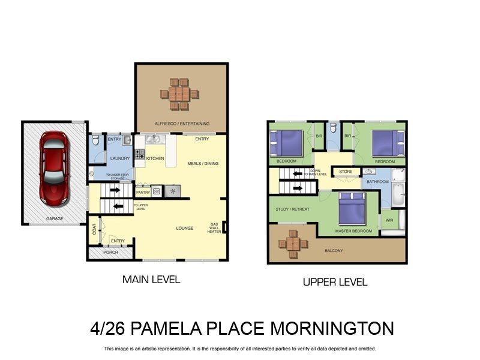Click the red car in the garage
click(53, 169)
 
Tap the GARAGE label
click(55, 219)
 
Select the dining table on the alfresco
click(179, 94)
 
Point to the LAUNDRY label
click(120, 158)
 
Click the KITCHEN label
click(155, 158)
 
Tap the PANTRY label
click(143, 193)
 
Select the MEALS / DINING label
click(202, 163)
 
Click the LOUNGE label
click(184, 228)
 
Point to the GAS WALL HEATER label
click(215, 228)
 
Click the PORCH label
click(110, 253)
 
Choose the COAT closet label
click(94, 230)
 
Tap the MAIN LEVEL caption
click(151, 280)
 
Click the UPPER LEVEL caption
click(335, 282)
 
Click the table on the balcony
click(293, 244)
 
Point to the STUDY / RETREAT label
click(292, 209)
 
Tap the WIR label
click(389, 220)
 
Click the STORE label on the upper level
click(346, 172)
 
